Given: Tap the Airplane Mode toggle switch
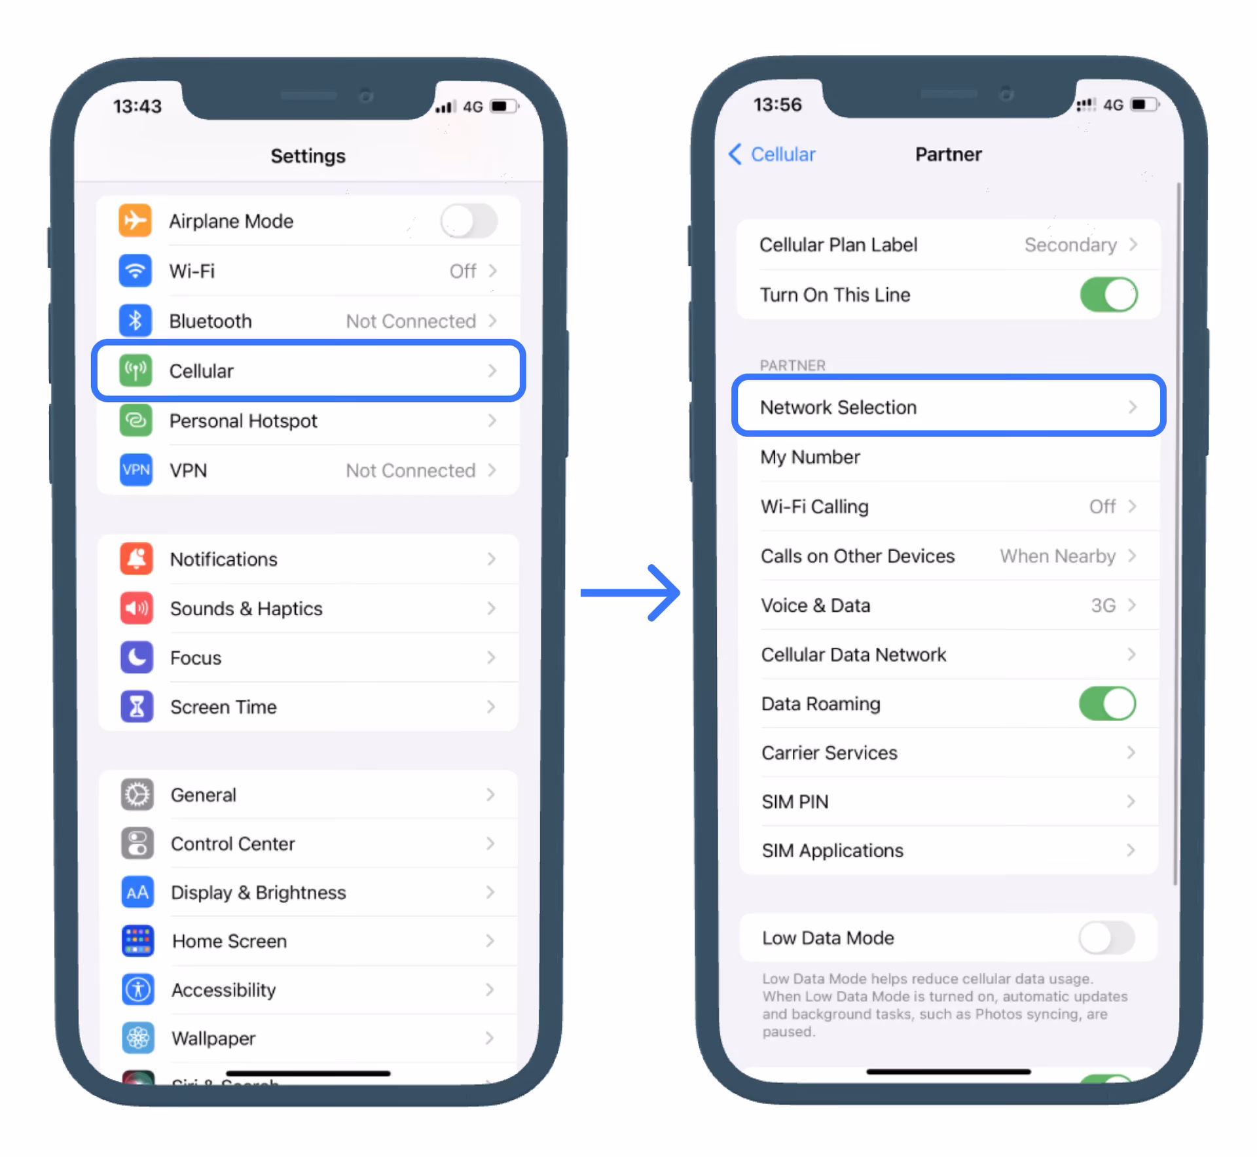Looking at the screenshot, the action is (x=469, y=221).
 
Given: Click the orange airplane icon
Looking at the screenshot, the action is (x=136, y=221).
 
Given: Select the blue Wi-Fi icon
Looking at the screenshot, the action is (x=136, y=270).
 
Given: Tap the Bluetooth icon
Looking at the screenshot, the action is (x=136, y=321).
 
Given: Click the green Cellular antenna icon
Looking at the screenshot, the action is (x=136, y=370).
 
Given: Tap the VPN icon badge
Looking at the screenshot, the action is (x=136, y=470).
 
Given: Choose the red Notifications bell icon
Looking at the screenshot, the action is (x=137, y=559).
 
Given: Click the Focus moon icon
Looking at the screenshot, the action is (x=137, y=657).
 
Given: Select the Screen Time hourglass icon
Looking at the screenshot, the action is (x=137, y=707).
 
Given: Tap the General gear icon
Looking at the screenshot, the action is (x=137, y=794).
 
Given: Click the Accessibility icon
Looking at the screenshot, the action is (x=138, y=989).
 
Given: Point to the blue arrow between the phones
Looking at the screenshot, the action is (x=630, y=593).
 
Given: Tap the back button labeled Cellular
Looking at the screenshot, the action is (x=772, y=154).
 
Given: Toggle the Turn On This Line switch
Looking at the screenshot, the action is (x=1109, y=294).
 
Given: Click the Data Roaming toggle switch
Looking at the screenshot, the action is (x=1108, y=703).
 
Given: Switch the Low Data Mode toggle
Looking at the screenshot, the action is (x=1106, y=938).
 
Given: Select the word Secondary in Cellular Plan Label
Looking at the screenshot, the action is (x=1070, y=245).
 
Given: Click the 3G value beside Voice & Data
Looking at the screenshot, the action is (x=1103, y=605).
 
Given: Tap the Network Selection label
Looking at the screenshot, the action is (x=838, y=407).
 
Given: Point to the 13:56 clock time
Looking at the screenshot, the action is (x=778, y=105).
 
